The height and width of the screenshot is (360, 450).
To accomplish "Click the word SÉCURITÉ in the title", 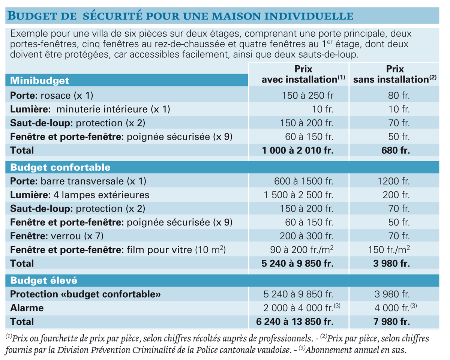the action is point(113,16).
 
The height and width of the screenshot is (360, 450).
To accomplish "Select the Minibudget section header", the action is point(39,81).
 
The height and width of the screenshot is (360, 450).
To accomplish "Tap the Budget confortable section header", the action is point(60,167).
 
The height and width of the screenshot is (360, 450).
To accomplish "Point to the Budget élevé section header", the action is point(44,280).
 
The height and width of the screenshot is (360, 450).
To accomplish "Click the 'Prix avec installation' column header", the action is point(303,74).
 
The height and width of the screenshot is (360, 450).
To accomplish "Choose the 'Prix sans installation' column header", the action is point(395,74).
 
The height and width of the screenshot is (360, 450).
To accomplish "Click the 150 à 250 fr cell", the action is point(307,96).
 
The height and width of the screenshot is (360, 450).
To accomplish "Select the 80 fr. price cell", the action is point(399,96).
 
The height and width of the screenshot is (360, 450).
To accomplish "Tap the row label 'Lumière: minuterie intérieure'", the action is point(90,109).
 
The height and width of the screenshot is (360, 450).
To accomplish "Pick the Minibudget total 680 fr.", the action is point(395,150).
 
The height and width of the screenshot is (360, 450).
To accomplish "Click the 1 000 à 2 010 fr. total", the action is point(297,150).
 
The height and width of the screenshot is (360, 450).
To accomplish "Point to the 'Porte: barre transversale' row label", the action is point(78,181).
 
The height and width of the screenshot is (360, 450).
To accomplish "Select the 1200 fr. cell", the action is point(393,181).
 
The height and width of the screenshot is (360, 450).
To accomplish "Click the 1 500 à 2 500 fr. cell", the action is point(298,195).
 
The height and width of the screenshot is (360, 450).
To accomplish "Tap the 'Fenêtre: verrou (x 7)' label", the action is point(57,236).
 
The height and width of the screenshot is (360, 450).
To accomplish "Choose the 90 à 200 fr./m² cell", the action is point(301,249).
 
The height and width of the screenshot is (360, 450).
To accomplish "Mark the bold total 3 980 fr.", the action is point(391,264).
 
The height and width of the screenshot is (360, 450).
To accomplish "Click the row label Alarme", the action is point(27,308).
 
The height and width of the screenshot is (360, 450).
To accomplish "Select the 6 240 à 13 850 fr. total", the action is point(295,322).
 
